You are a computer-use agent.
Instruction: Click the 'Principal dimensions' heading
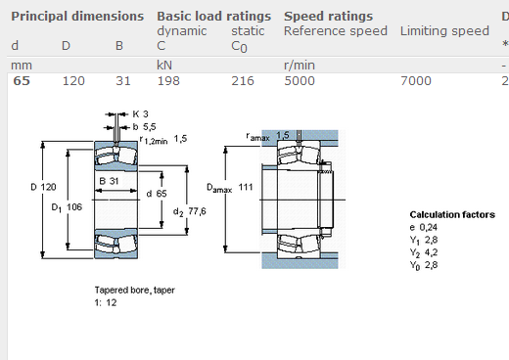click(77, 17)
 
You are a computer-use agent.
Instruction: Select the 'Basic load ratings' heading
click(213, 17)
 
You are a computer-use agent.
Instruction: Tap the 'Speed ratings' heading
click(328, 17)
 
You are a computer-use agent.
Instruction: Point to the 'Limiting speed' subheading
click(444, 31)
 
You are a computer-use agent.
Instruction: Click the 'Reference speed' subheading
click(336, 31)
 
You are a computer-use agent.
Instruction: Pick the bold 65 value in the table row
click(22, 81)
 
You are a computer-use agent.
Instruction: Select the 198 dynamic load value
click(168, 81)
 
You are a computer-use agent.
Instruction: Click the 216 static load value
click(243, 81)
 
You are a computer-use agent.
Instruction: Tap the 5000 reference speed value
click(300, 81)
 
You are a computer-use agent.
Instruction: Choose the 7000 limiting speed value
click(416, 81)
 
